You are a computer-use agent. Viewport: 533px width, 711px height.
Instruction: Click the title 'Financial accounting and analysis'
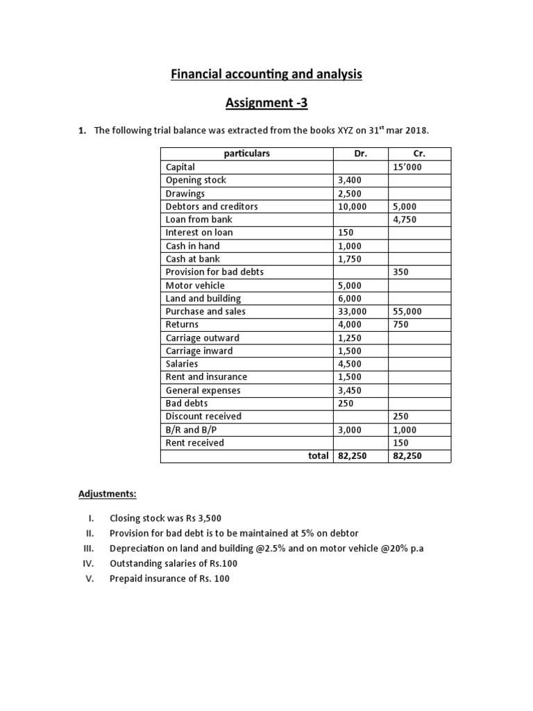pos(266,74)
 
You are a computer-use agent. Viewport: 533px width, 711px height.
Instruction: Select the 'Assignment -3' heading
pos(266,103)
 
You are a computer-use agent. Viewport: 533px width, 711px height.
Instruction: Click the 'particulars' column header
pos(247,153)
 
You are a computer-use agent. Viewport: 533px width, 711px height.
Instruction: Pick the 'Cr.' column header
pos(419,153)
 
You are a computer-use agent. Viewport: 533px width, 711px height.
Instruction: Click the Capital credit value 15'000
pos(407,167)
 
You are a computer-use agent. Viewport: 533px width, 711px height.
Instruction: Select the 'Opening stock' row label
pos(196,180)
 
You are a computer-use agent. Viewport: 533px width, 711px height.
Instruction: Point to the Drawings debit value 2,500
pos(350,193)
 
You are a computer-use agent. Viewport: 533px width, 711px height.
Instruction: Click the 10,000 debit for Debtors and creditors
pos(353,206)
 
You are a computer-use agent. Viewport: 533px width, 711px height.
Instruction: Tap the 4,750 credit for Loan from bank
pos(405,219)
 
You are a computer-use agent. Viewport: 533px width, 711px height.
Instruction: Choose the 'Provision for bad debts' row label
pos(214,272)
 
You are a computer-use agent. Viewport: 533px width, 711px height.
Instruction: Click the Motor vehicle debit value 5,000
pos(350,285)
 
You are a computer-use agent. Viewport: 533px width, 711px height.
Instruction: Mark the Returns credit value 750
pos(400,324)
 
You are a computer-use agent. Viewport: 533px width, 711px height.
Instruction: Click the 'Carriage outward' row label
pos(203,337)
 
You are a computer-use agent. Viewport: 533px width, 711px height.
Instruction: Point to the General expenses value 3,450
pos(350,390)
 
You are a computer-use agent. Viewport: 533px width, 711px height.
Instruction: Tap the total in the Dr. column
pos(353,456)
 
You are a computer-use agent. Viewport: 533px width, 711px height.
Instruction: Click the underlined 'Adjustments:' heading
pos(107,494)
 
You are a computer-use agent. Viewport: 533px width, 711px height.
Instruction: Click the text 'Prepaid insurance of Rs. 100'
pos(169,578)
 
